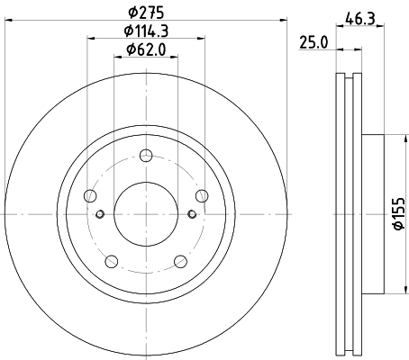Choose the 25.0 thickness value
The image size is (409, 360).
pos(313,43)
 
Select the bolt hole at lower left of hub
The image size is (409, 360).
pos(112,262)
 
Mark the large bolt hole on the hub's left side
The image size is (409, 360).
pos(89,195)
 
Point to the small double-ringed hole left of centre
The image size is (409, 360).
pos(100,213)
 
